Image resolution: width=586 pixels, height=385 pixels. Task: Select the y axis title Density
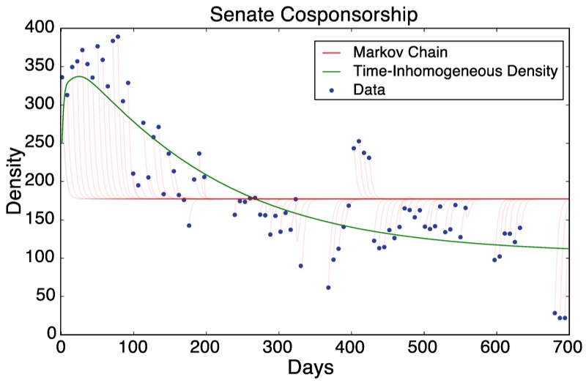coord(14,182)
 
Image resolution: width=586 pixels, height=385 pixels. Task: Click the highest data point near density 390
coord(117,37)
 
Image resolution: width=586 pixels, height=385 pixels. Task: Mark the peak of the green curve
coord(79,76)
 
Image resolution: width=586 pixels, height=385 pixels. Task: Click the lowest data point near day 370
coord(328,288)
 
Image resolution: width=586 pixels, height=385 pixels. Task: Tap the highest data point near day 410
coord(359,141)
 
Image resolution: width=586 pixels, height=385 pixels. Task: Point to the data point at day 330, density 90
coord(300,266)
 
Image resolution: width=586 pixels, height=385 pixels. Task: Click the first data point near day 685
coord(555,313)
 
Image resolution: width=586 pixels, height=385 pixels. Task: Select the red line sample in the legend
coord(331,53)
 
